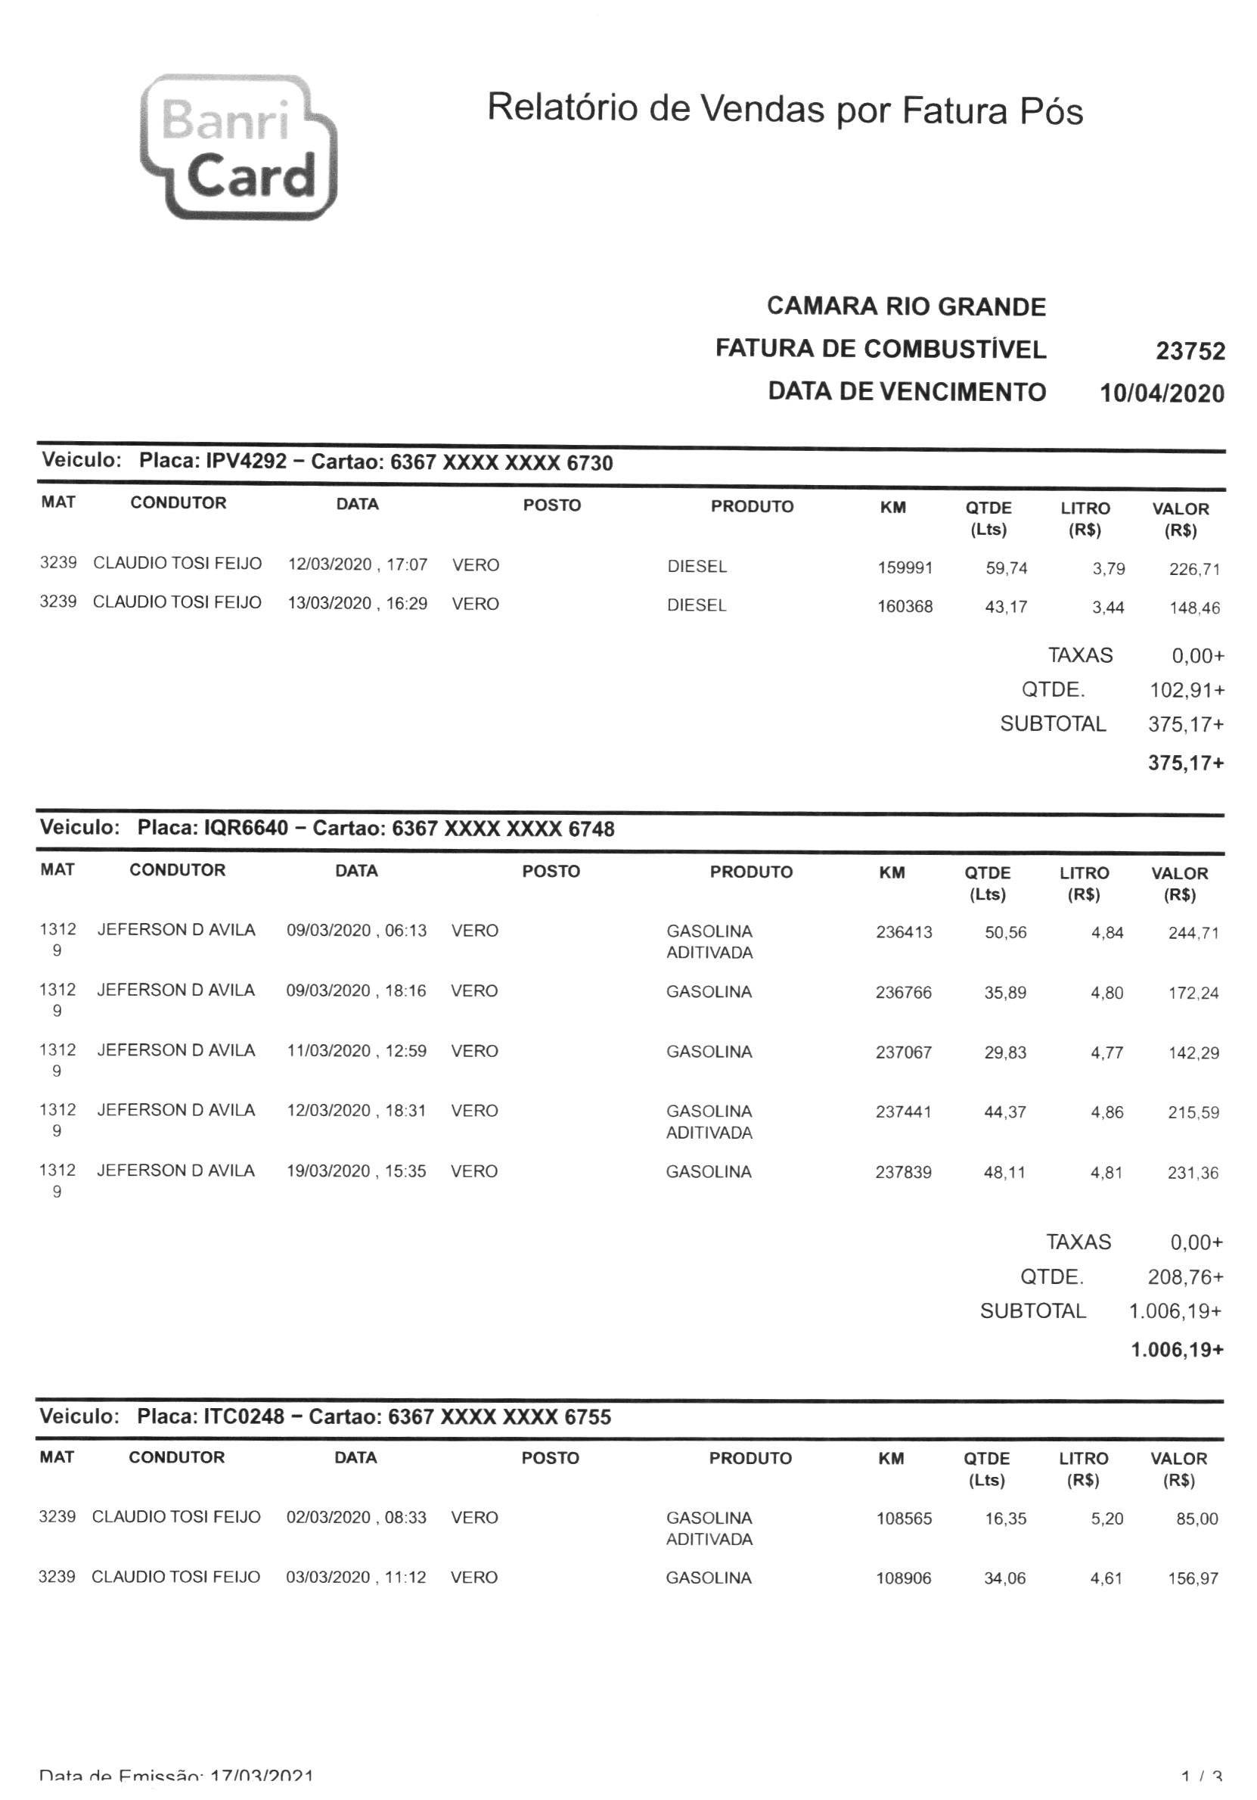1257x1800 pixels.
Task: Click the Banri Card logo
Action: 238,147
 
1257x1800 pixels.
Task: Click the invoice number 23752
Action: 1190,350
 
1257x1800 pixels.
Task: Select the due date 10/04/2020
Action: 1162,393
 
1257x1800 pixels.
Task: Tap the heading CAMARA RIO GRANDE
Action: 906,306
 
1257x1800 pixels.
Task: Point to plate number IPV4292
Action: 246,461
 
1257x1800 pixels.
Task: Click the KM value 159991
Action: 905,567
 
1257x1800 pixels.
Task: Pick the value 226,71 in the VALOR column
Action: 1194,569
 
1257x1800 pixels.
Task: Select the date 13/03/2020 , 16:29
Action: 357,604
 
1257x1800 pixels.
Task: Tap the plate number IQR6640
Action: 246,828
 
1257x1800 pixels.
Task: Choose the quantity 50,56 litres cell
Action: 1005,932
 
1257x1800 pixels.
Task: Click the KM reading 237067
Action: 904,1052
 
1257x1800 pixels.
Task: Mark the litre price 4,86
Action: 1106,1111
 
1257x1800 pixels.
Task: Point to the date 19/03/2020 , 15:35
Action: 355,1171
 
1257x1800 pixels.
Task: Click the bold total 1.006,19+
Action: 1176,1349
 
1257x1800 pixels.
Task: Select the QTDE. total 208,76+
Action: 1185,1277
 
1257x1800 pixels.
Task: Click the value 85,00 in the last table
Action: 1196,1519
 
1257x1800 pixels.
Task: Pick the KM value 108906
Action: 904,1578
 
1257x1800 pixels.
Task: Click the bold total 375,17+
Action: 1186,763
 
